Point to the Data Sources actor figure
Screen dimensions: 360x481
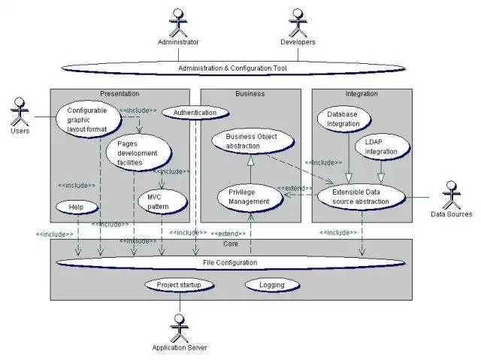point(452,196)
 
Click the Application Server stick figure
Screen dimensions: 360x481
point(179,325)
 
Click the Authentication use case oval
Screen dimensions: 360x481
point(195,113)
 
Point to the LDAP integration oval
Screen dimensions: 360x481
point(381,147)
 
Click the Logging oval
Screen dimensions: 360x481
point(271,286)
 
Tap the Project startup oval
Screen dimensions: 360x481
point(179,286)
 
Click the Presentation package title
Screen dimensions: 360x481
point(119,94)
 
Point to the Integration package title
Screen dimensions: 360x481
point(362,94)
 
